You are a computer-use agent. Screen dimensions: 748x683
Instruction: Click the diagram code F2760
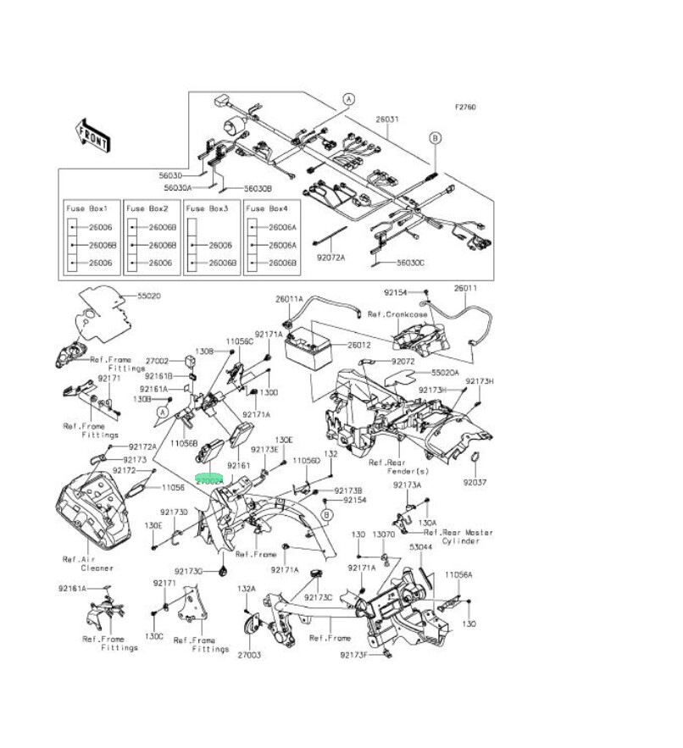coord(465,108)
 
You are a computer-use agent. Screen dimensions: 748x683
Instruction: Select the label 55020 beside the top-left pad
coord(149,296)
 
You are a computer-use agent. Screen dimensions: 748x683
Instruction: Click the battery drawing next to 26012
coord(307,349)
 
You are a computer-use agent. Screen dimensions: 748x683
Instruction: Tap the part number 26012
coord(359,346)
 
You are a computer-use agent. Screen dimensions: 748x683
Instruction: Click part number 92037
coord(475,483)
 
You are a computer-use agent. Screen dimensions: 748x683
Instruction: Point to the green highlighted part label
coord(208,479)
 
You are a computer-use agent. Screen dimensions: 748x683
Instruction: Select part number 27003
coord(249,655)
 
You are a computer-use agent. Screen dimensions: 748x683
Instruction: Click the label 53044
coord(420,548)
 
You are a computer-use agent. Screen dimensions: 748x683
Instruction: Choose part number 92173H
coord(480,381)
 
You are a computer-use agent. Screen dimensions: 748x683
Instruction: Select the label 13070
coord(385,535)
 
